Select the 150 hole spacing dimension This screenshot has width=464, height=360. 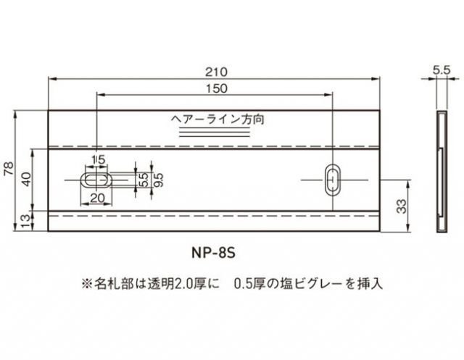click(x=215, y=89)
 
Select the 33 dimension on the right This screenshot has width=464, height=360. click(x=402, y=206)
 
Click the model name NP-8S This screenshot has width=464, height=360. click(x=215, y=254)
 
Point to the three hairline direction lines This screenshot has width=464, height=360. click(x=215, y=133)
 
